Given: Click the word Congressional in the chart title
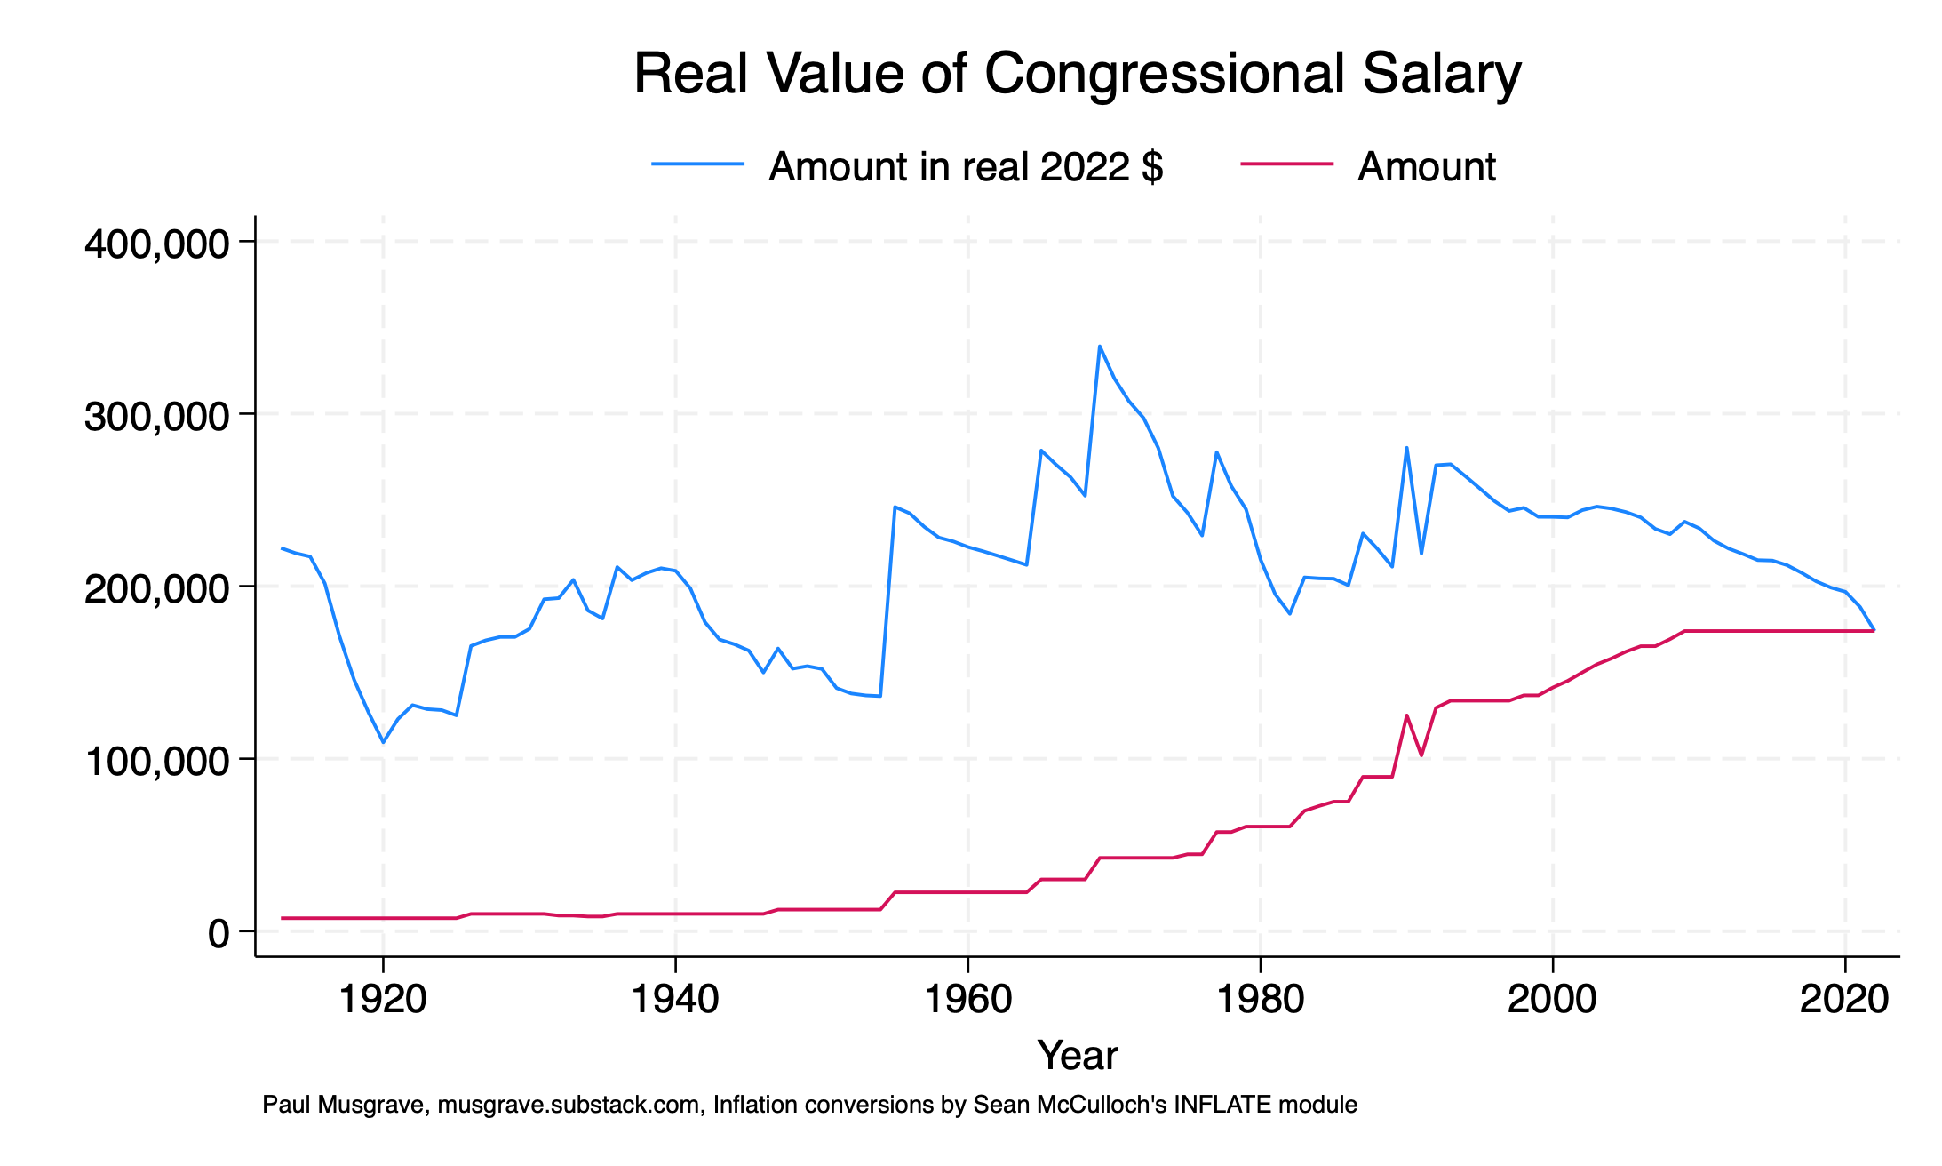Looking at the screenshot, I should point(1164,75).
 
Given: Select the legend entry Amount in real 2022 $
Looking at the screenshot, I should point(965,167).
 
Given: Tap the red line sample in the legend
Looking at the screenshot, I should point(1286,164).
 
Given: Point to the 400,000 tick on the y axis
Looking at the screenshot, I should point(157,244).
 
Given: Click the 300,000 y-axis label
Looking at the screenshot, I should point(157,416).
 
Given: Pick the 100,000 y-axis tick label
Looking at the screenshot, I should point(157,762).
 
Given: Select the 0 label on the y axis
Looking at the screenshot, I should point(219,934).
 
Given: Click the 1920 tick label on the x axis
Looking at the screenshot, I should point(383,1000).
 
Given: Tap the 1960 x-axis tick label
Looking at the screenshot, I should point(968,1000).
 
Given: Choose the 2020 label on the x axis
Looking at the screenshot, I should point(1844,1000).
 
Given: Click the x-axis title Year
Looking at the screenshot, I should point(1077,1056).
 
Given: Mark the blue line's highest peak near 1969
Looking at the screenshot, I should point(1099,347).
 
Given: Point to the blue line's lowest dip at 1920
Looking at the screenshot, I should point(383,742).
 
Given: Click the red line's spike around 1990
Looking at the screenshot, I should point(1406,715).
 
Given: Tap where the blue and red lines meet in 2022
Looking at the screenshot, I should point(1873,630).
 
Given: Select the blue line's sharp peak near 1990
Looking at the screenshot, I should point(1406,448).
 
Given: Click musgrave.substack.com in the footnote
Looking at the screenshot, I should point(569,1106).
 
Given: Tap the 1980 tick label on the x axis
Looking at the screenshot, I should point(1260,1000).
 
